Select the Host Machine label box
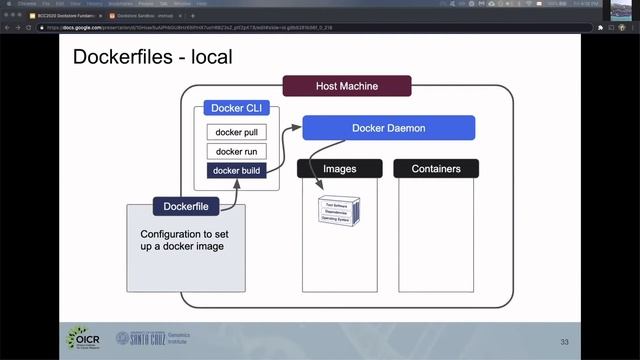[x=347, y=86]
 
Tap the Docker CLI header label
[x=235, y=108]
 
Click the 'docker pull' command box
[x=237, y=132]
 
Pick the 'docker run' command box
[x=237, y=151]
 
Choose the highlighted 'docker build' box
[x=237, y=170]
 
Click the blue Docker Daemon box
[x=389, y=128]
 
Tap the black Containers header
[x=436, y=169]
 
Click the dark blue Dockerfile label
[x=186, y=208]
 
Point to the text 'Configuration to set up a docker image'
[x=186, y=240]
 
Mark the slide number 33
[x=565, y=343]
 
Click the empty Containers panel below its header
[x=436, y=230]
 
